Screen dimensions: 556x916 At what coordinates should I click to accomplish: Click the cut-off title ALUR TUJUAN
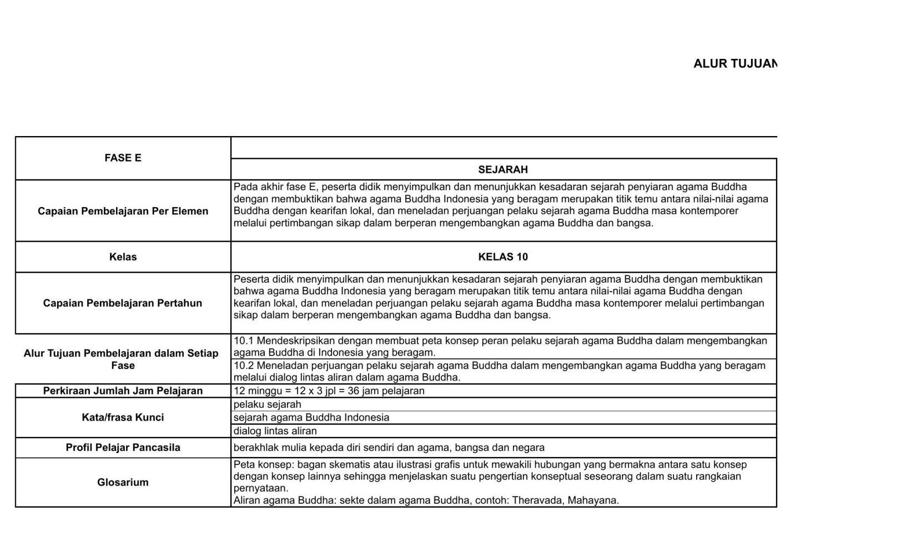[734, 63]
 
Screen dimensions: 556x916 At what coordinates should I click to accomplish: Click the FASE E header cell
[123, 158]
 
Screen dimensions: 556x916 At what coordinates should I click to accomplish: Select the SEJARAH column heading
[503, 169]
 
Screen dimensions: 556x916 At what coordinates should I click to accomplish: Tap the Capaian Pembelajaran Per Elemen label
[123, 211]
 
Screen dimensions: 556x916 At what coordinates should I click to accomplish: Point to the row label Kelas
[123, 257]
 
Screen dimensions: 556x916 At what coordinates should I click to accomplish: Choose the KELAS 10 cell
[503, 257]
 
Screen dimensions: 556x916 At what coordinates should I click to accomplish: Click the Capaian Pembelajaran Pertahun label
[123, 303]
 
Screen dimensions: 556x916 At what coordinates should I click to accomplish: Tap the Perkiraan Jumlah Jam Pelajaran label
[123, 391]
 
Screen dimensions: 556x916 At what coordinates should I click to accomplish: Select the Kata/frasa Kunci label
[123, 418]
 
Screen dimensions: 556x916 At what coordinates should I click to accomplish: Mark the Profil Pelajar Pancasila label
[123, 448]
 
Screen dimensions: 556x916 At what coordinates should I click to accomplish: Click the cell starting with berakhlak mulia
[389, 448]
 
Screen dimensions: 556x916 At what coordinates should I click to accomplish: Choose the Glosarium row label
[123, 483]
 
